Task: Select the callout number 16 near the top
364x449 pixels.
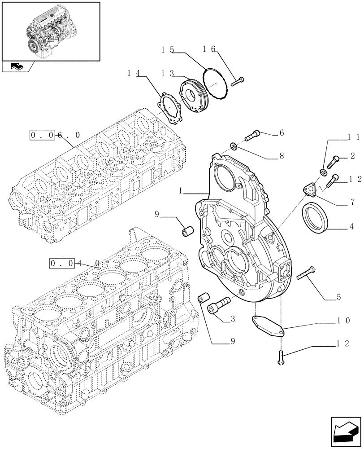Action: coord(208,49)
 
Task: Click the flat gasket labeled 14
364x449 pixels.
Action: coord(172,106)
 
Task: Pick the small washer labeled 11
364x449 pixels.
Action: coord(323,172)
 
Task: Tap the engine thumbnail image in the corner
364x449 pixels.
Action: coord(50,31)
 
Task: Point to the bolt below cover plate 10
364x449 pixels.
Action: coord(281,357)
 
